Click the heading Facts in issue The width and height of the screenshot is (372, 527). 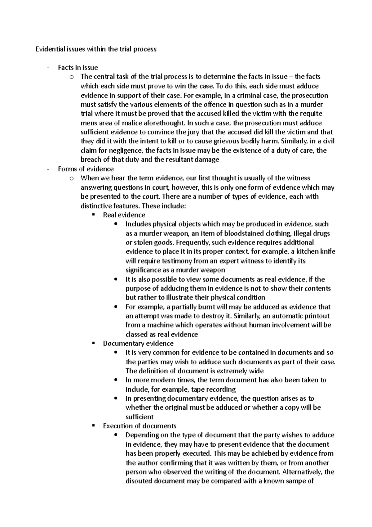[x=78, y=67]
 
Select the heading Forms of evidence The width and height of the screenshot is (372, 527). [x=86, y=169]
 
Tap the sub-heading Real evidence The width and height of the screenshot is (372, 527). [x=124, y=215]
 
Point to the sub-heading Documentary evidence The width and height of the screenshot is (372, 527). [x=138, y=343]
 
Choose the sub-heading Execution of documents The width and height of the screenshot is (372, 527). [x=139, y=426]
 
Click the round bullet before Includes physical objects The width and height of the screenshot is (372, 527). [x=116, y=224]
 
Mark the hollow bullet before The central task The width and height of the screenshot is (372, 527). [x=72, y=77]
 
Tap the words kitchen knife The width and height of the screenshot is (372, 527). [x=315, y=252]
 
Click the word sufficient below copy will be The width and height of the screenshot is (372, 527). [x=139, y=417]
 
